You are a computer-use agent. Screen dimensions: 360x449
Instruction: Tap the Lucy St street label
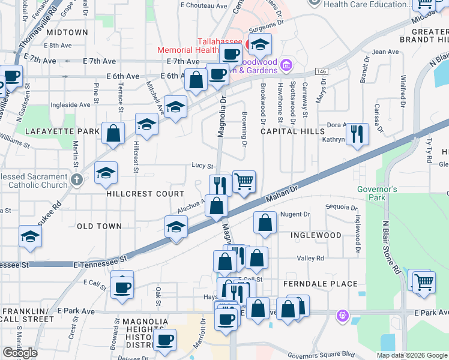[202, 166]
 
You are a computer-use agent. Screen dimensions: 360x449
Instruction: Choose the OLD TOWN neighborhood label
[99, 226]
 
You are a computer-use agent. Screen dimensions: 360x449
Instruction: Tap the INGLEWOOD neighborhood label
[316, 235]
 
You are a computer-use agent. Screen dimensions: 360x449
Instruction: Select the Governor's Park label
[378, 193]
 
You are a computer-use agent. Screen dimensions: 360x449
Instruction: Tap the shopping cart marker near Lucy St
[244, 181]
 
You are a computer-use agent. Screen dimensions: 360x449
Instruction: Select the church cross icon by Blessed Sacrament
[76, 179]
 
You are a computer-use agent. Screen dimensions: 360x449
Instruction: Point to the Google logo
[20, 353]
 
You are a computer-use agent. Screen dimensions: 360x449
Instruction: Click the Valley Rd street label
[310, 258]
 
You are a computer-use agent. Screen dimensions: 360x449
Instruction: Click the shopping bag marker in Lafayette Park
[113, 133]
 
